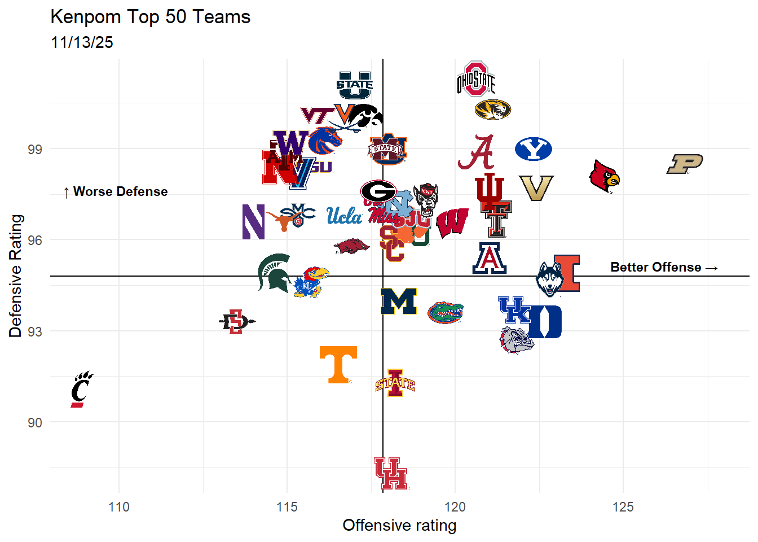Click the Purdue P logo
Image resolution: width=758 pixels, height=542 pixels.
tap(685, 164)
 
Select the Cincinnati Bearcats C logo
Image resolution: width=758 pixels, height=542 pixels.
tap(81, 390)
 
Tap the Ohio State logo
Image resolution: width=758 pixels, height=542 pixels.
tap(476, 79)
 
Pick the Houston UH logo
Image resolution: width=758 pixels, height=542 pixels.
tap(390, 473)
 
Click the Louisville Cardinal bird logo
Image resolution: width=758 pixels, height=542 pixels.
tap(604, 176)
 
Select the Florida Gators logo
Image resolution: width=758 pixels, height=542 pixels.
tap(445, 312)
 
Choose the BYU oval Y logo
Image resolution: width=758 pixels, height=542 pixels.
tap(533, 149)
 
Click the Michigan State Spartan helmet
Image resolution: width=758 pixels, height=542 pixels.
tap(274, 273)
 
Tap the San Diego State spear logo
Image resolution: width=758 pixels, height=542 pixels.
tap(236, 322)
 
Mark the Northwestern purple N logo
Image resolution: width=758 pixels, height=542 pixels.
tap(253, 222)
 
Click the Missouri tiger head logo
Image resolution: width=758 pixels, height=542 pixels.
tap(492, 109)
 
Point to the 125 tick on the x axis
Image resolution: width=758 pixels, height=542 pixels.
tap(623, 507)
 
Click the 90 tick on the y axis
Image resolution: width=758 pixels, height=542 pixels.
tap(35, 422)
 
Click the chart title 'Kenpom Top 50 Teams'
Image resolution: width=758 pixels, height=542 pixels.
tap(150, 17)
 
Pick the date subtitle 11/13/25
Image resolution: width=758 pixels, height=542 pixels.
tap(82, 42)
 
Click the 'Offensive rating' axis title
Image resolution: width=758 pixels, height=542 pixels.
tap(399, 525)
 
